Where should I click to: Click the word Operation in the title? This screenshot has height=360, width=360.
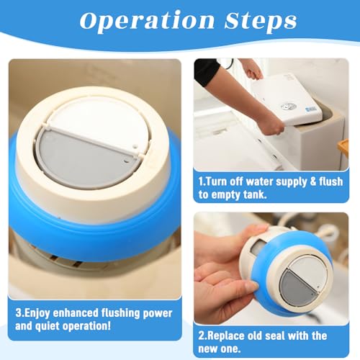(x=147, y=21)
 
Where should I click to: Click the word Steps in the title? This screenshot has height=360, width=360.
(x=261, y=21)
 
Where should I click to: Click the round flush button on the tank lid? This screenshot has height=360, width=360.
(x=287, y=107)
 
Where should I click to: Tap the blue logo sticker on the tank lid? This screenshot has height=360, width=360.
(x=311, y=109)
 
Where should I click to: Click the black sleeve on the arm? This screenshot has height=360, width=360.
(x=206, y=70)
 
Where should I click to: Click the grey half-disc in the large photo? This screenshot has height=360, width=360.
(x=85, y=160)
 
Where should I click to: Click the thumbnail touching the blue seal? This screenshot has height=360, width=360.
(x=251, y=286)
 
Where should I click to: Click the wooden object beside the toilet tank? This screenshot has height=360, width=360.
(x=343, y=148)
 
